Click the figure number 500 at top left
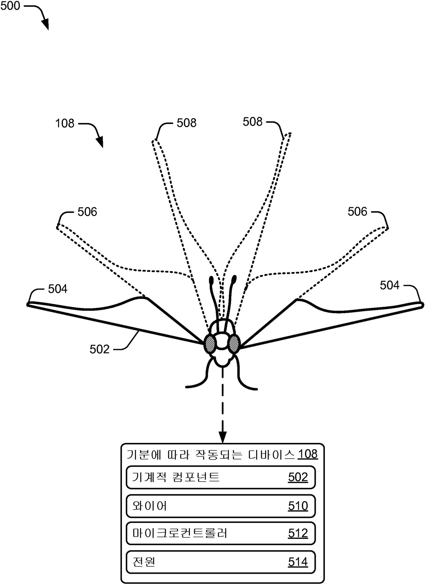click(10, 6)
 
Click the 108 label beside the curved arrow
click(65, 123)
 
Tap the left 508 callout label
click(186, 123)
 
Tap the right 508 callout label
click(253, 122)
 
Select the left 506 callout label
click(87, 212)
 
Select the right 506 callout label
click(357, 212)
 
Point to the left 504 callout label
click(58, 289)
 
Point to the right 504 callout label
click(390, 285)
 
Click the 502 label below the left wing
click(99, 349)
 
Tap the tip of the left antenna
click(211, 280)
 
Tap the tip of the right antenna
click(234, 279)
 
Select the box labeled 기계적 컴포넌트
click(220, 477)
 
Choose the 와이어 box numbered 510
click(220, 506)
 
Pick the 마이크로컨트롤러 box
click(220, 533)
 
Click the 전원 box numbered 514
click(220, 562)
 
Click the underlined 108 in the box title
click(307, 454)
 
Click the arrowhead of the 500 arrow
click(46, 25)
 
